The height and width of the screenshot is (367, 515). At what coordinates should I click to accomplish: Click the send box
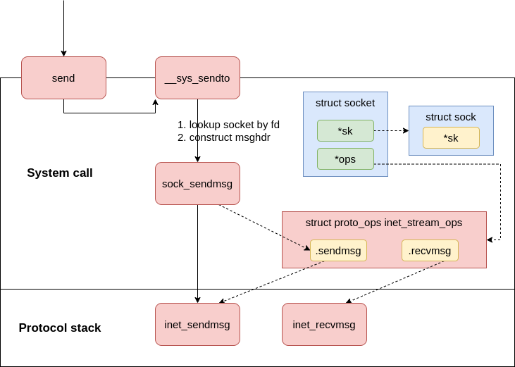63,77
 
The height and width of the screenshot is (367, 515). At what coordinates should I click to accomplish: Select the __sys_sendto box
197,77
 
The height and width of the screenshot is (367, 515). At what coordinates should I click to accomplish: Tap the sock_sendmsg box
197,183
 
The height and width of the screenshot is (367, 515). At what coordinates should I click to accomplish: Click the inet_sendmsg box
197,324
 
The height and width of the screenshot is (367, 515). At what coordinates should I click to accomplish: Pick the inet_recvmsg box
324,324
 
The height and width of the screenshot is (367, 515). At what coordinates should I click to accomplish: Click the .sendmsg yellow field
338,250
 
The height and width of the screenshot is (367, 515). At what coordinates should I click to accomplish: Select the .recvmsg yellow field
430,250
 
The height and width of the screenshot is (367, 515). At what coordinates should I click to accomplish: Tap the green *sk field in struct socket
345,130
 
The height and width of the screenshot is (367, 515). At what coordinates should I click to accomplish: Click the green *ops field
345,158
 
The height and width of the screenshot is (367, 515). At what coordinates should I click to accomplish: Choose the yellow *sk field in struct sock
451,137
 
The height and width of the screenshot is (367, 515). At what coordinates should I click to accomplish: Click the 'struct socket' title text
345,103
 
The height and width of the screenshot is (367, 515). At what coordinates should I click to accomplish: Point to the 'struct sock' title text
451,117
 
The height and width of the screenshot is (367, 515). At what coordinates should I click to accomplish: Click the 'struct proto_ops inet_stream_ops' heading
384,223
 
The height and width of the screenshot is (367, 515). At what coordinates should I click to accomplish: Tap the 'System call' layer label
60,173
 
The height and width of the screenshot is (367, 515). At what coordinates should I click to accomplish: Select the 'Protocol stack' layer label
60,328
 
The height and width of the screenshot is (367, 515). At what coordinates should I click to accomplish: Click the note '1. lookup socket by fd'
228,125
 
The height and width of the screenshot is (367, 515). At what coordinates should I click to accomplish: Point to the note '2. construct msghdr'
224,137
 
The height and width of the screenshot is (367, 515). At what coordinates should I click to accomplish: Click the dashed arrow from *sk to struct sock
390,130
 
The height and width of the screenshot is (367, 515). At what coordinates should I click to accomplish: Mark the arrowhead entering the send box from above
63,54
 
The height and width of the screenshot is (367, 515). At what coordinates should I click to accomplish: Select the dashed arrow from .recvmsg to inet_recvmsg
395,282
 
